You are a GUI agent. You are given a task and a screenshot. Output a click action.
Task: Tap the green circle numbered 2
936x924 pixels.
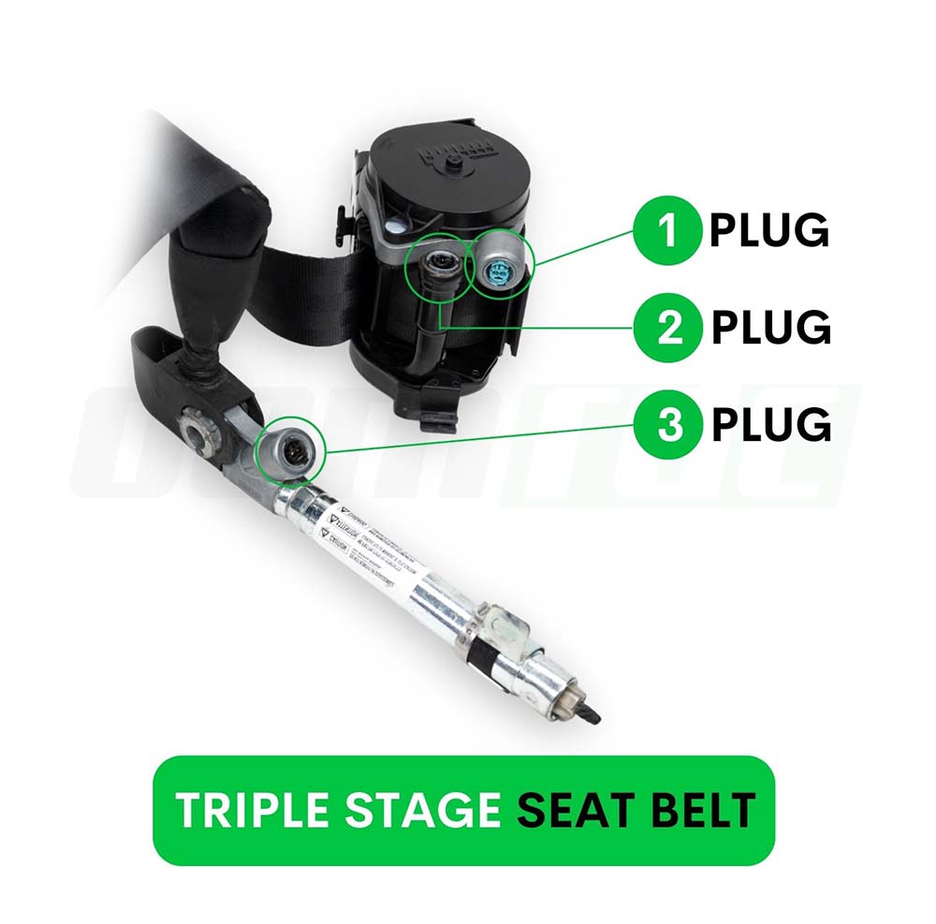tap(667, 327)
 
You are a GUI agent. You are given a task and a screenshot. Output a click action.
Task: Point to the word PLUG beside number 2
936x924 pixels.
tap(770, 327)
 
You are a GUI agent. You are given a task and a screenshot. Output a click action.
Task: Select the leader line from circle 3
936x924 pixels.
tap(477, 437)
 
